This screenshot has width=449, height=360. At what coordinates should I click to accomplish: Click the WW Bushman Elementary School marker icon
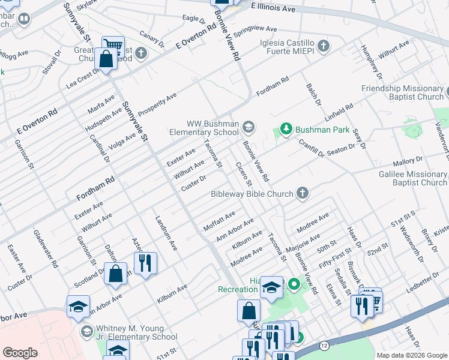249,127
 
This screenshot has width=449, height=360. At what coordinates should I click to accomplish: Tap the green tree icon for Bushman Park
286,130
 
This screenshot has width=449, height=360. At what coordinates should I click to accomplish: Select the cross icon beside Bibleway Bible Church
303,193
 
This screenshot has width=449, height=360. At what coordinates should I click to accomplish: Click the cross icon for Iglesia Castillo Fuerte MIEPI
324,46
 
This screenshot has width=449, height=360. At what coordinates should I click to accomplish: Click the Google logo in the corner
20,353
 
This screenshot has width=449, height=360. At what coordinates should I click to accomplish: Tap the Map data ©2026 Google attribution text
411,355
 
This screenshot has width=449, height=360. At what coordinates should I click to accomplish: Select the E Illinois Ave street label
273,9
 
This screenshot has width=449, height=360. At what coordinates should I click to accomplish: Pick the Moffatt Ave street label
219,220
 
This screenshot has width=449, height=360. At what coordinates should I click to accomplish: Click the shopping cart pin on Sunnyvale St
112,45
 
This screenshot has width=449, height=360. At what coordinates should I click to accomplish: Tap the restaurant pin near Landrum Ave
145,263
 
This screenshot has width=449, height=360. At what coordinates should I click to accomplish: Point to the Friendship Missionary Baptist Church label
402,92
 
